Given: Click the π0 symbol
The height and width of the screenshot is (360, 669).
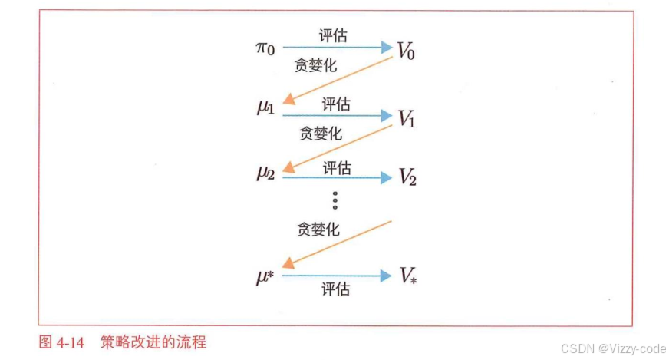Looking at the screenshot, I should pos(265,48).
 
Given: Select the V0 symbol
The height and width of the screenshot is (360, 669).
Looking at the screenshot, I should pos(406,51).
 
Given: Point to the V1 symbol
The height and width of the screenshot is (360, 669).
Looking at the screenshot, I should pos(406,119).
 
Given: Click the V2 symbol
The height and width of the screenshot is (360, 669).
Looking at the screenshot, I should pos(407,178).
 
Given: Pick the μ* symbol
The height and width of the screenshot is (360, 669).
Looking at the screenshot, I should pos(266,276).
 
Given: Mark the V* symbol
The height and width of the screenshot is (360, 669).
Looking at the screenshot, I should pos(407,276).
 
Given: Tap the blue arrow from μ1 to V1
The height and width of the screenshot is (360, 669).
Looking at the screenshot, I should pos(337,116).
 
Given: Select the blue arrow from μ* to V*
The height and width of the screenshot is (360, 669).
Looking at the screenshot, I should pos(337,275).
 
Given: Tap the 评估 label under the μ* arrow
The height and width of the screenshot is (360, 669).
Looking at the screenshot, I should pos(336,289).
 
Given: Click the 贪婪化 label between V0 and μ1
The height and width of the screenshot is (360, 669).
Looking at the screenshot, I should pos(315,65).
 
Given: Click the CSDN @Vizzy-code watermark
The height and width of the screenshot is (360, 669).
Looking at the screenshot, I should pos(614,348).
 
